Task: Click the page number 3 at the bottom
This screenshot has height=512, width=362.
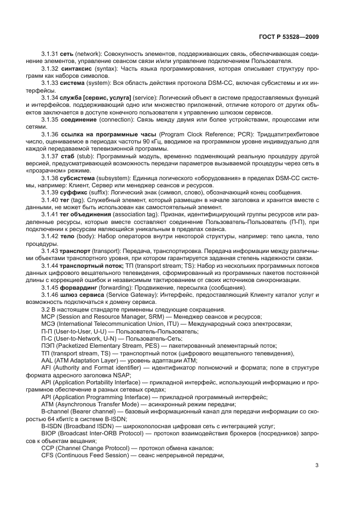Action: pos(317,466)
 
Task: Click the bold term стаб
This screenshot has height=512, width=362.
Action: pos(66,156)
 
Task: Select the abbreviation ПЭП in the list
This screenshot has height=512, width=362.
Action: pos(48,346)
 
